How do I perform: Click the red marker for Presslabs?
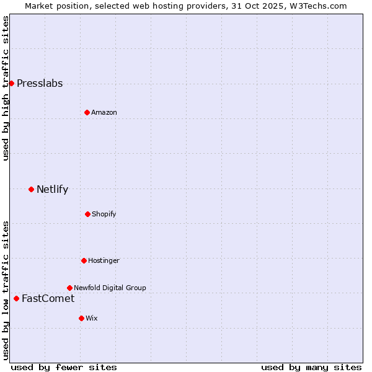pyautogui.click(x=11, y=83)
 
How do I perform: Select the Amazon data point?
pyautogui.click(x=87, y=112)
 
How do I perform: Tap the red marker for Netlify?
pyautogui.click(x=31, y=189)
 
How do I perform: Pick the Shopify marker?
pyautogui.click(x=87, y=214)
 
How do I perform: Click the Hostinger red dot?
pyautogui.click(x=84, y=260)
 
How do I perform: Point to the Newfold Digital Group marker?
pyautogui.click(x=69, y=288)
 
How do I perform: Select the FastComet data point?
pyautogui.click(x=16, y=298)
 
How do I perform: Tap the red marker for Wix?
pyautogui.click(x=81, y=318)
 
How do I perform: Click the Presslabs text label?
pyautogui.click(x=40, y=84)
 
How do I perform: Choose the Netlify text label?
pyautogui.click(x=52, y=190)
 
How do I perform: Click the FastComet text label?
pyautogui.click(x=48, y=299)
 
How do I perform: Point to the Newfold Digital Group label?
pyautogui.click(x=110, y=288)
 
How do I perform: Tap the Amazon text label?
pyautogui.click(x=104, y=112)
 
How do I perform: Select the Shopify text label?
pyautogui.click(x=104, y=214)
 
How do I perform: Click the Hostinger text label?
pyautogui.click(x=104, y=260)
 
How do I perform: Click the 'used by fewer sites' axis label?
pyautogui.click(x=64, y=367)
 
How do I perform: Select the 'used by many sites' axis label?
pyautogui.click(x=311, y=367)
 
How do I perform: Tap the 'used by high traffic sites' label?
pyautogui.click(x=6, y=88)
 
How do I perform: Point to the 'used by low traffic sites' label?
pyautogui.click(x=6, y=290)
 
